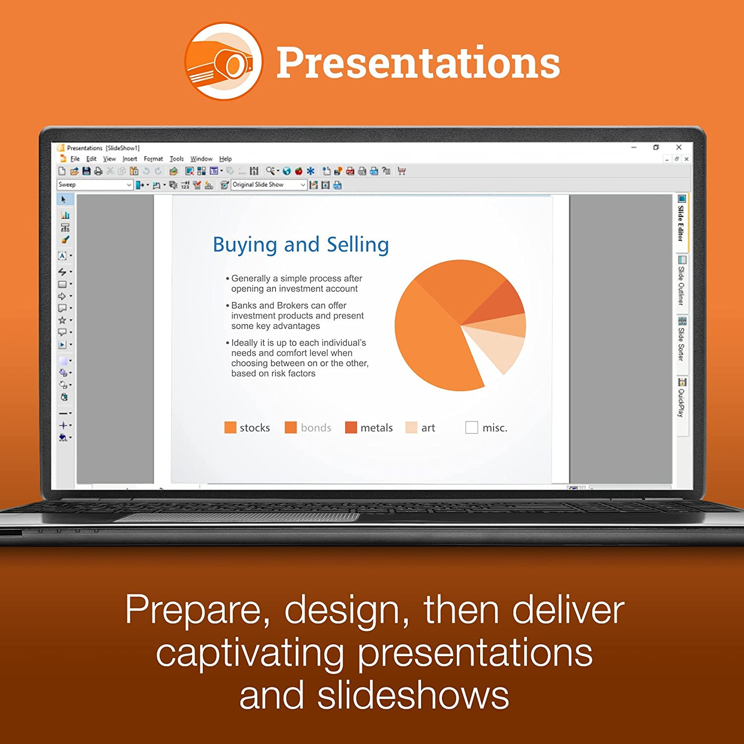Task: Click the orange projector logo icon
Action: tap(224, 61)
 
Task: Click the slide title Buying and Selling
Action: tap(301, 245)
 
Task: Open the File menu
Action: tap(75, 159)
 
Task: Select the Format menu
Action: tap(153, 159)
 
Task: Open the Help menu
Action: tap(225, 159)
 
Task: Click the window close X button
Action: tap(679, 147)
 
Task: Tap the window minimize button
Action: tap(633, 147)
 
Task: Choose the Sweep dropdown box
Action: tap(95, 185)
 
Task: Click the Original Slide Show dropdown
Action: tap(269, 185)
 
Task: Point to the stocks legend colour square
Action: tap(230, 428)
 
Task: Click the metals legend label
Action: tap(376, 428)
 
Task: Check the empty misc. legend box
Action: tap(472, 428)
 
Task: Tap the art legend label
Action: tap(428, 428)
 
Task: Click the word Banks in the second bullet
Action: tap(244, 306)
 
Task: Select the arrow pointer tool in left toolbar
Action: tap(63, 199)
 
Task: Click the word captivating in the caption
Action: tap(250, 654)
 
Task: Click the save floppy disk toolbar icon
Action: tap(86, 171)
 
